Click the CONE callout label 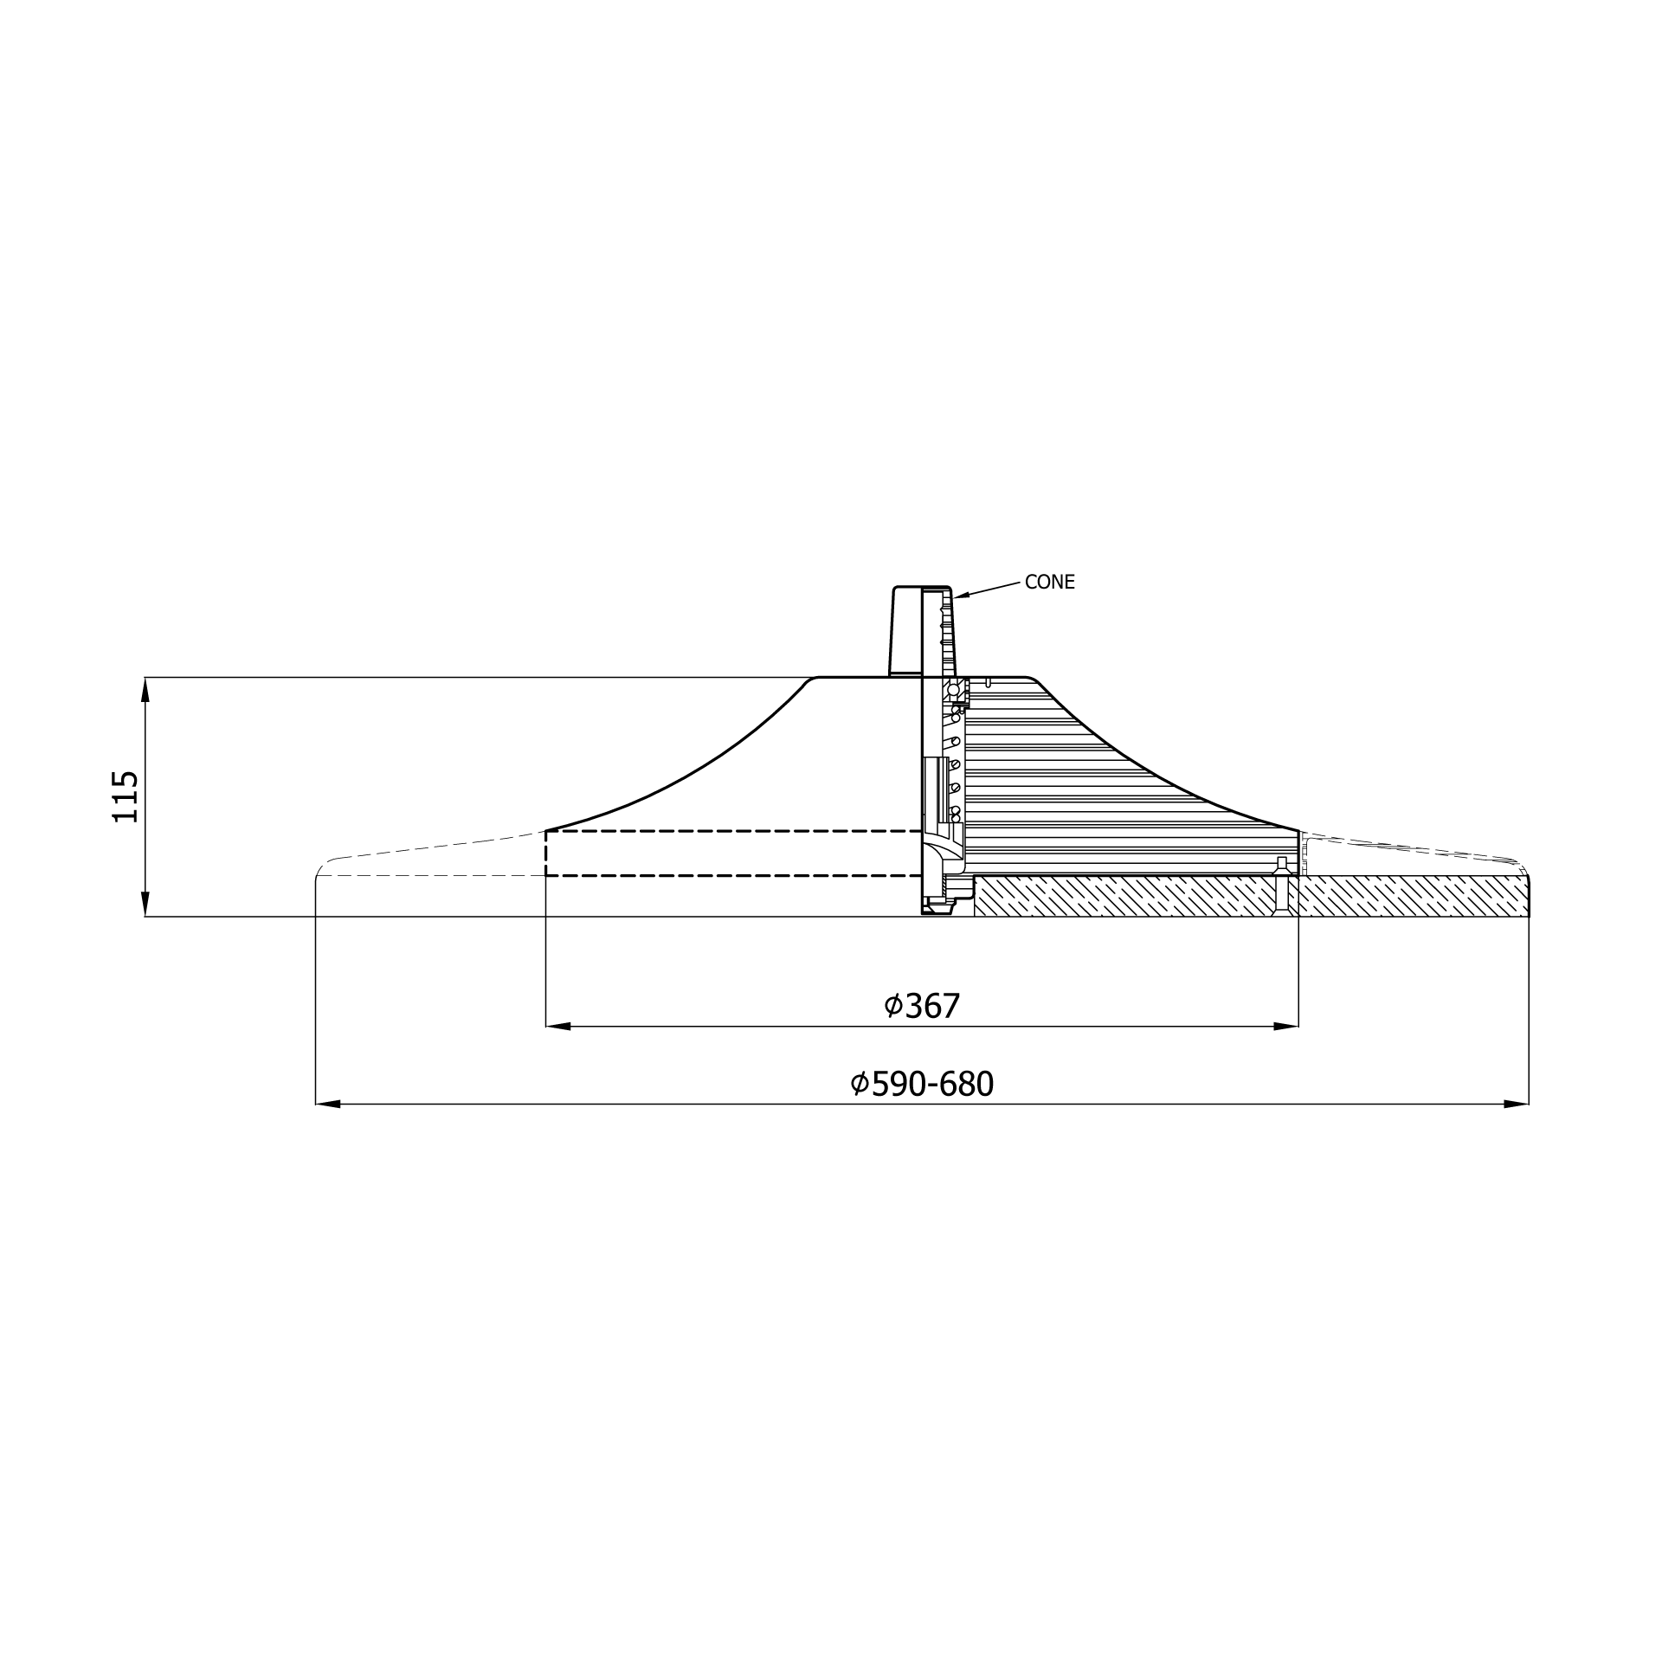pyautogui.click(x=1049, y=583)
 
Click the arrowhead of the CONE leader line pyautogui.click(x=962, y=596)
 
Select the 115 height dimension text pyautogui.click(x=126, y=796)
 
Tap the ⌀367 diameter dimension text pyautogui.click(x=922, y=1006)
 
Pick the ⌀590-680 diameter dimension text pyautogui.click(x=922, y=1084)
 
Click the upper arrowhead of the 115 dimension pyautogui.click(x=145, y=689)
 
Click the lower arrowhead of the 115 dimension pyautogui.click(x=145, y=904)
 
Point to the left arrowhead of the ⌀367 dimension pyautogui.click(x=558, y=1027)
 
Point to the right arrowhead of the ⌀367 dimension pyautogui.click(x=1286, y=1027)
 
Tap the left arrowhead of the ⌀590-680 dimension pyautogui.click(x=328, y=1105)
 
